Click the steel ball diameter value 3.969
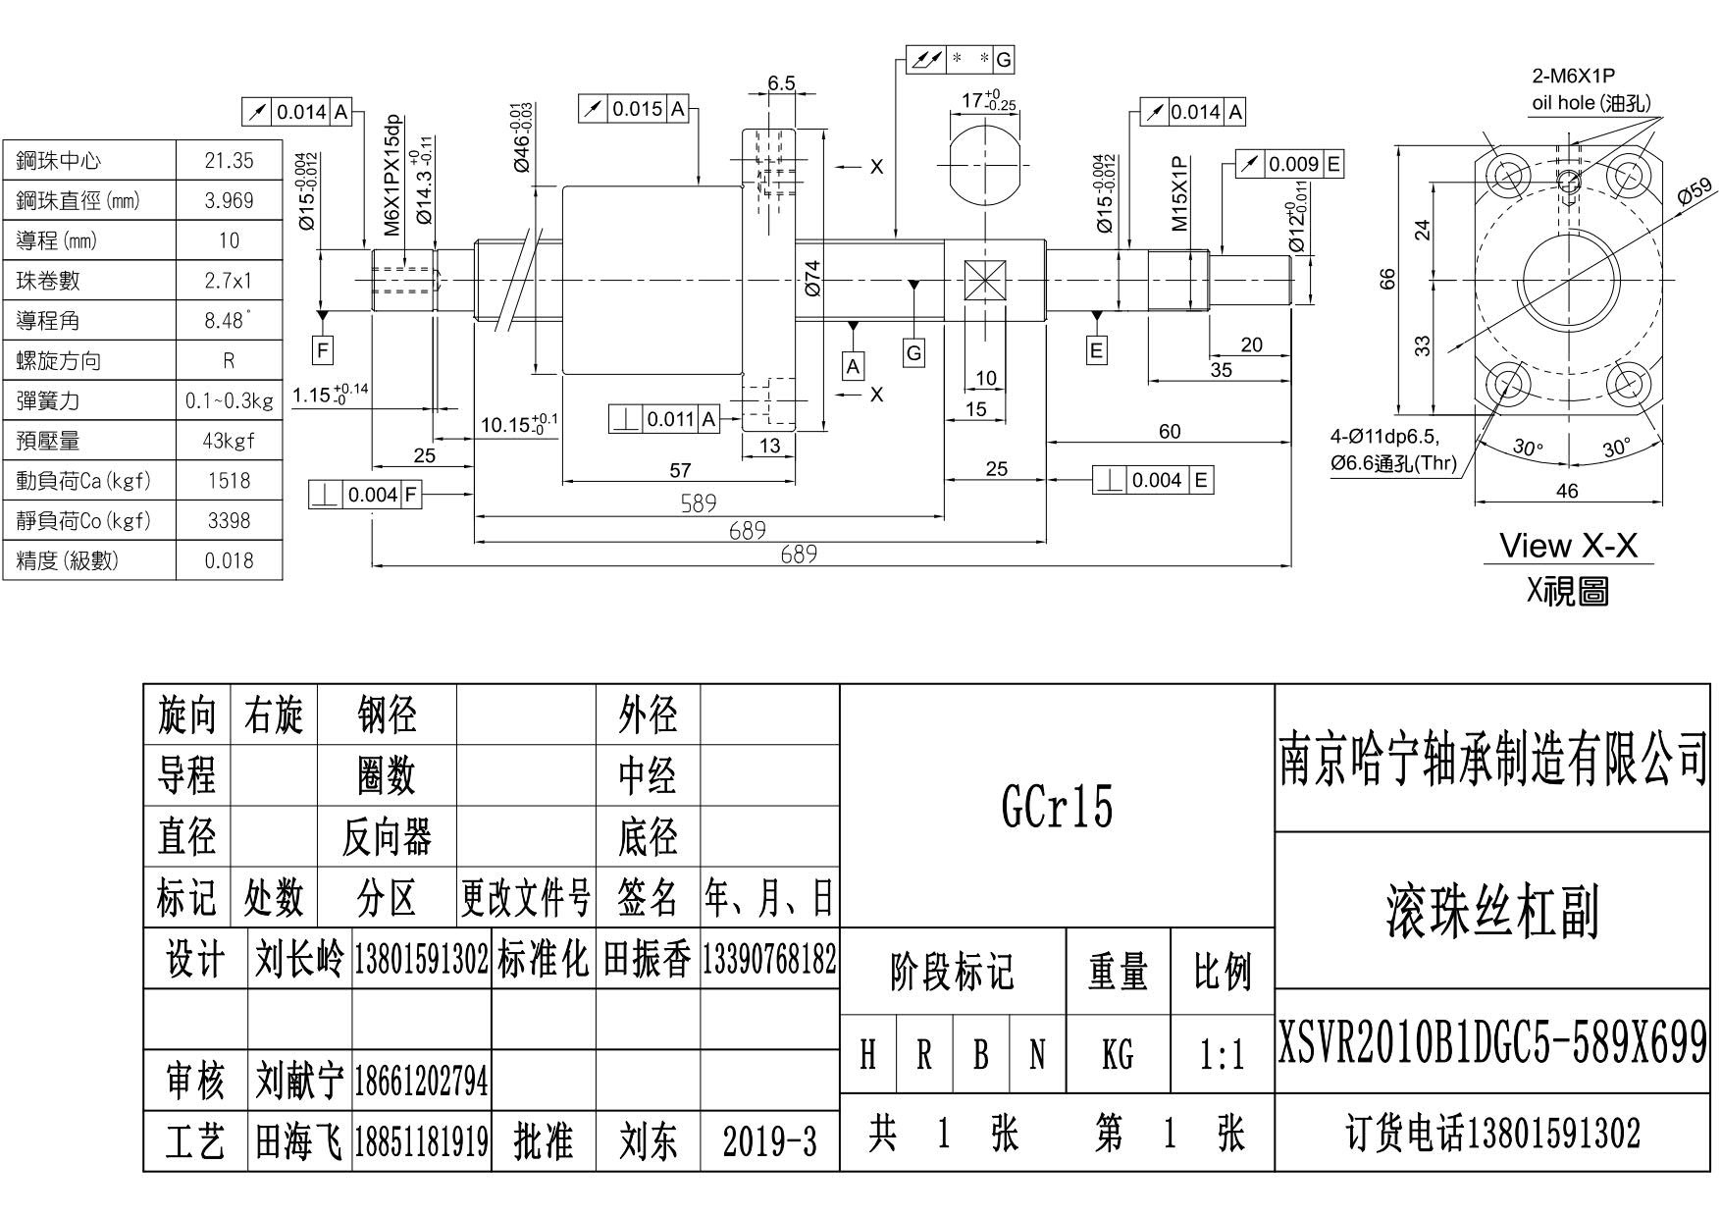coord(229,200)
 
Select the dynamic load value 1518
coord(229,480)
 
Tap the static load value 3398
coord(229,520)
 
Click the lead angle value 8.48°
coord(229,320)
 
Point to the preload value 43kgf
coord(229,441)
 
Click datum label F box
coord(322,349)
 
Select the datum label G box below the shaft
coord(913,352)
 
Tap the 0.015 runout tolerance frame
coord(634,109)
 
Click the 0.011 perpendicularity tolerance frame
coord(664,419)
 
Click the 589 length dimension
coord(699,503)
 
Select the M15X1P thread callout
coord(1179,193)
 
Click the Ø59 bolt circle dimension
coord(1694,190)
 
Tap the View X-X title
coord(1568,546)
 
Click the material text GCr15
coord(1057,807)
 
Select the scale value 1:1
coord(1222,1056)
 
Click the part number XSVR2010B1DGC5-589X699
coord(1491,1043)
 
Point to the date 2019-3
coord(769,1141)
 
